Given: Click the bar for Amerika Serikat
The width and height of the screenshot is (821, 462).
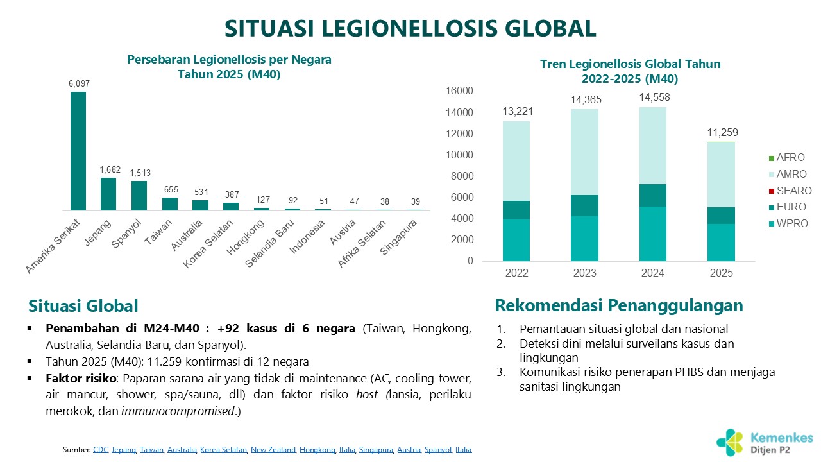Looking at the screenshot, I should coord(78,151).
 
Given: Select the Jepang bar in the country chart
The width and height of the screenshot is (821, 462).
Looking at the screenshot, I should coord(108,194).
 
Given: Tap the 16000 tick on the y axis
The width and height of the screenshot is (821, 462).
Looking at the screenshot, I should coord(461,91).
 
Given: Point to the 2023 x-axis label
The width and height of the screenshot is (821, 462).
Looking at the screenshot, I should coord(584,273).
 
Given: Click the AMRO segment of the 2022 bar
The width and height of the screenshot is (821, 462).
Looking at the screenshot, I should coord(516,160).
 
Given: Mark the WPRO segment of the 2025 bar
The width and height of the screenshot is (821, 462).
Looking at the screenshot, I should coord(720,243).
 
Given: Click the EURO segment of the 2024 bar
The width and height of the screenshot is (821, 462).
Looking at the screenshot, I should coord(652,195).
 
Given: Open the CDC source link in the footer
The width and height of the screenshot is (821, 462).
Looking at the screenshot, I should coord(101,450).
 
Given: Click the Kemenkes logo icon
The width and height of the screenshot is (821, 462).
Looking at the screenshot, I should coord(731,442).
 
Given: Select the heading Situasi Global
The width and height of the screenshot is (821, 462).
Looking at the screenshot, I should coord(83,306).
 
